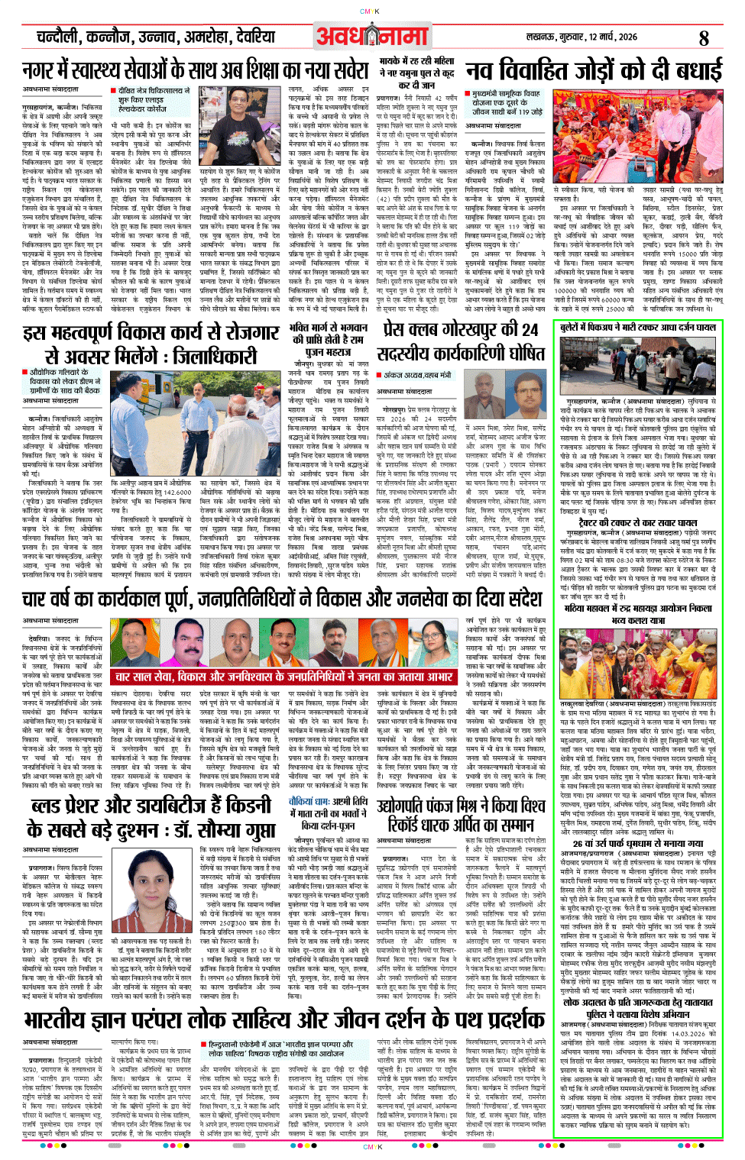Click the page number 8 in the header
click(x=704, y=37)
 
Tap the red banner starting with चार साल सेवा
click(x=284, y=677)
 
